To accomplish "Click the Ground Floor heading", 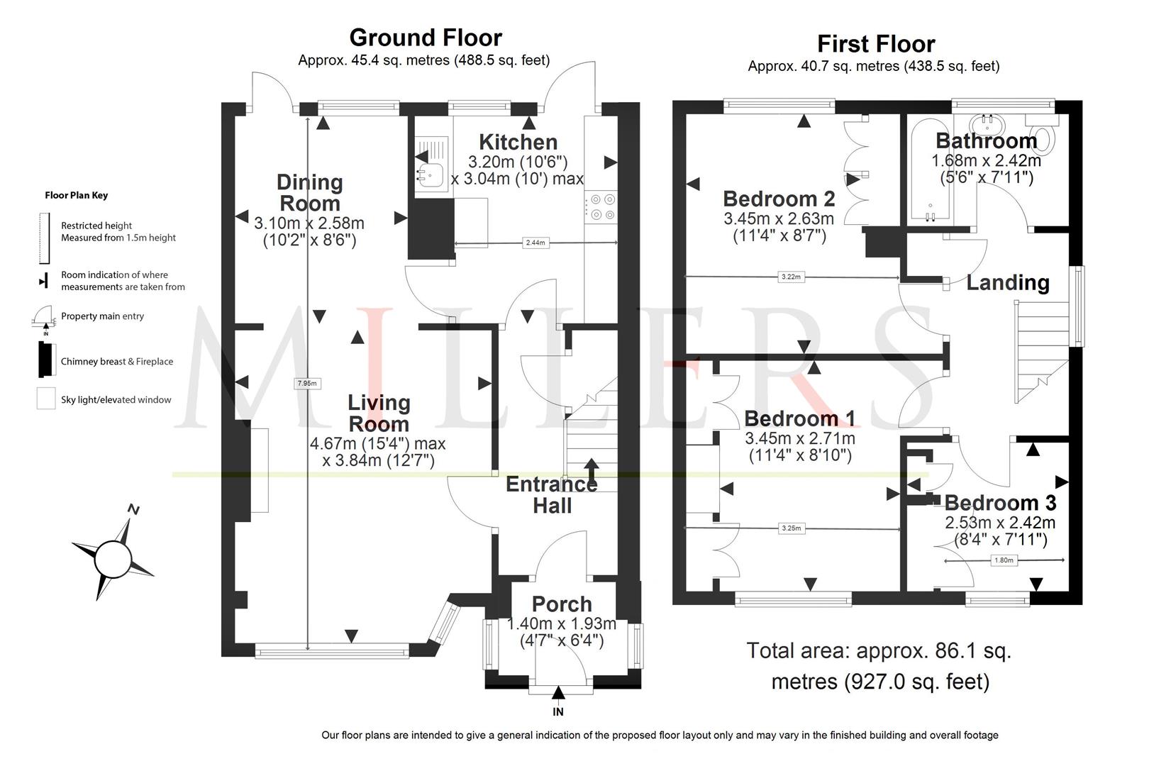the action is click(426, 38).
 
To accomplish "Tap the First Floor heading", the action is click(876, 44).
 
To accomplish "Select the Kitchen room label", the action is click(518, 142).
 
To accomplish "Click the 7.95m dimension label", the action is click(306, 383).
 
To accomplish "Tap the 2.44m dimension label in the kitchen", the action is click(535, 243).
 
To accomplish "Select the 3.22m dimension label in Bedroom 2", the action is click(791, 277).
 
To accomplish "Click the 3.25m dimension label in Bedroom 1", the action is click(792, 528).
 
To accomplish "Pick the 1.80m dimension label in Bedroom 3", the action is click(1004, 560).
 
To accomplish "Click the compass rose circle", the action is click(112, 559).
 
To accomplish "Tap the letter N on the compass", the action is click(133, 509).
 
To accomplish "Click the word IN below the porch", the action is click(558, 711).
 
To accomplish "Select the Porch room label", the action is click(562, 604).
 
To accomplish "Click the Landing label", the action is click(1008, 283).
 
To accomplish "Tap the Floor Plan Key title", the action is click(77, 196).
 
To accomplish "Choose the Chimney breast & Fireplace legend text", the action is click(117, 362).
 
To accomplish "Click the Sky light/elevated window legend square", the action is click(46, 399).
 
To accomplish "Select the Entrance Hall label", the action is click(552, 495).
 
